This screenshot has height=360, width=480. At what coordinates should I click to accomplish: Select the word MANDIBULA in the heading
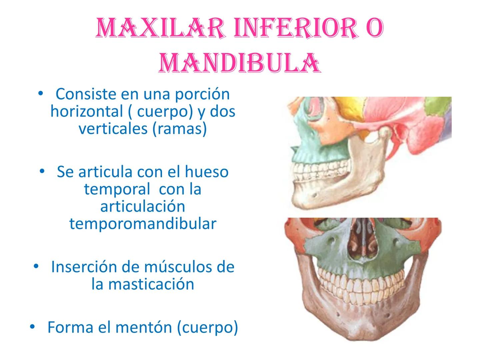click(239, 63)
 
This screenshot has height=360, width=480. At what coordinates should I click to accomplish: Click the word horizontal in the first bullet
click(87, 111)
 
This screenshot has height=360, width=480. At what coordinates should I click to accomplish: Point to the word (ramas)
click(179, 129)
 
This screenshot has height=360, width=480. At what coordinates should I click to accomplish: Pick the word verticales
click(113, 129)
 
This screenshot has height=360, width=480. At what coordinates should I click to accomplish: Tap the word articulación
click(143, 206)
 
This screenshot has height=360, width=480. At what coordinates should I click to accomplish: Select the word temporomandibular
click(143, 224)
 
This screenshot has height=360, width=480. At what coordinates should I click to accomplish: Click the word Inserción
click(84, 267)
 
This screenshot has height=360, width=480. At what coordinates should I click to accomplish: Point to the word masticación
click(151, 284)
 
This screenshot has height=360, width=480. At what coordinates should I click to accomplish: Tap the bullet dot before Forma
click(32, 327)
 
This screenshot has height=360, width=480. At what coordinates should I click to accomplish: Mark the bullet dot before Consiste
click(40, 93)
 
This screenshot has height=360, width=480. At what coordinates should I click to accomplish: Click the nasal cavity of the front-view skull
click(362, 240)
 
